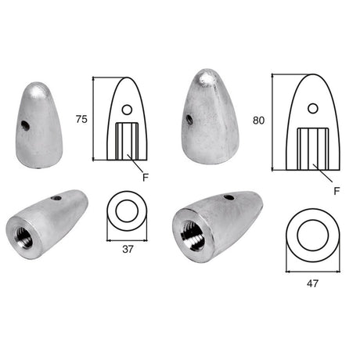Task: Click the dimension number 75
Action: (81, 120)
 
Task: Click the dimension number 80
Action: (259, 121)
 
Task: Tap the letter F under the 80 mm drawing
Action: (336, 189)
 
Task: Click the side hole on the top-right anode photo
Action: (191, 119)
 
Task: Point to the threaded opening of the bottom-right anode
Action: (190, 231)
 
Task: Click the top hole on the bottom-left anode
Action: (56, 198)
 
